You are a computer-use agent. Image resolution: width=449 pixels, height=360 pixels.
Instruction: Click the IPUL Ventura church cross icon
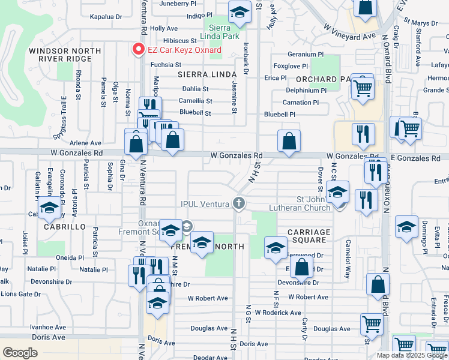point(239,203)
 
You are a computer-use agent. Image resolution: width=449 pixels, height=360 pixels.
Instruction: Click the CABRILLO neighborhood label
point(65,228)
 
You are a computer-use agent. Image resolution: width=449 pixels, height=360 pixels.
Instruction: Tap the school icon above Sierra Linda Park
point(239,13)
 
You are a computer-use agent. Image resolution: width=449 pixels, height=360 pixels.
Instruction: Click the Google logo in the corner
point(20,353)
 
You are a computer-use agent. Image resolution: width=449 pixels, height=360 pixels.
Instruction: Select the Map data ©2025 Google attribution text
point(411,355)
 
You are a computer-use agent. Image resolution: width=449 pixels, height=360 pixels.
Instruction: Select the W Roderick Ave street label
point(277,313)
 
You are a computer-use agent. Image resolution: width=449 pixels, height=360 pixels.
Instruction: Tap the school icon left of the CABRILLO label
point(49,209)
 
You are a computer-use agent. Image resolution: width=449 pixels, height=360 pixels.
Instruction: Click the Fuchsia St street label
point(165,65)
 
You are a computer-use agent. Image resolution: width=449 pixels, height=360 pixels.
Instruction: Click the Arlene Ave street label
point(85,143)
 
